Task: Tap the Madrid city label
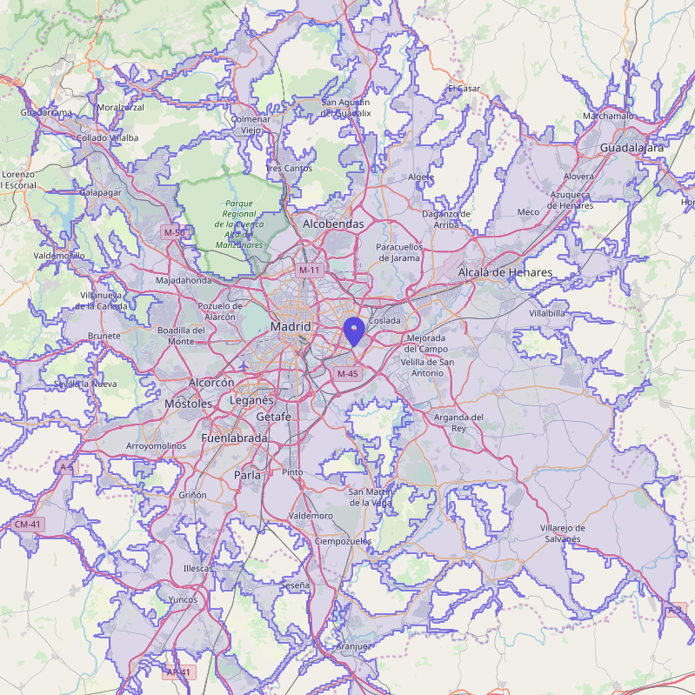(291, 326)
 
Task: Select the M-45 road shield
(347, 374)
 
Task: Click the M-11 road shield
(310, 271)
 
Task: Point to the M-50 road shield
(174, 232)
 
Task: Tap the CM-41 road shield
(28, 525)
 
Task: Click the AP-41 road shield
(178, 672)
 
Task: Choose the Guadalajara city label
(632, 148)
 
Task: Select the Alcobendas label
(333, 224)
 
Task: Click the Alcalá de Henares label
(505, 272)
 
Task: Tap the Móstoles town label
(188, 404)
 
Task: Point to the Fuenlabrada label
(234, 438)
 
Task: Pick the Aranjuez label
(353, 646)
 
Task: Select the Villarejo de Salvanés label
(562, 533)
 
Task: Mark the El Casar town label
(464, 89)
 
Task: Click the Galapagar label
(100, 192)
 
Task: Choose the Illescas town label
(197, 568)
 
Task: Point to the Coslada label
(384, 321)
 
